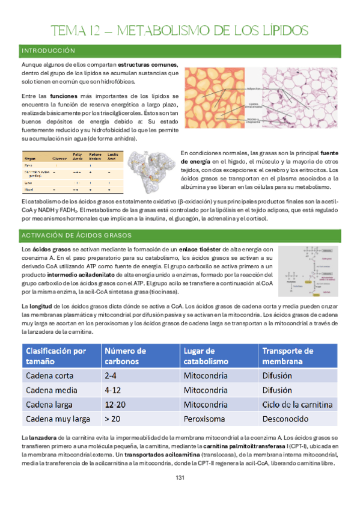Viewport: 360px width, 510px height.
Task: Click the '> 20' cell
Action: tap(114, 418)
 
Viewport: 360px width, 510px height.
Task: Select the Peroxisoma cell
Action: tap(208, 418)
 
